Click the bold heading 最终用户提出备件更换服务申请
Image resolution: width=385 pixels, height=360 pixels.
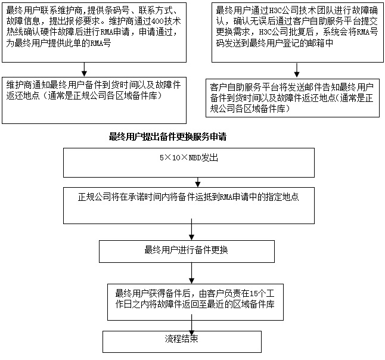[x=167, y=136]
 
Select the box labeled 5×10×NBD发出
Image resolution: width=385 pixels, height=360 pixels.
[x=189, y=163]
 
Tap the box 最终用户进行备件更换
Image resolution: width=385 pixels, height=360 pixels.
[x=187, y=252]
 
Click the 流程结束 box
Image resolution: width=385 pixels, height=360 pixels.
[x=182, y=342]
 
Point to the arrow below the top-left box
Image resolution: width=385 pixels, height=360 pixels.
[x=84, y=70]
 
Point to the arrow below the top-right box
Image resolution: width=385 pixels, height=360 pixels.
[x=297, y=70]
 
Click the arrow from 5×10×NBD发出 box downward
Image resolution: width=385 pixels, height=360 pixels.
[x=198, y=182]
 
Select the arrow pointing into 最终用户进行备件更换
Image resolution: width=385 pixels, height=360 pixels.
[x=191, y=229]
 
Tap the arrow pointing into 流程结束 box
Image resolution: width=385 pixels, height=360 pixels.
[x=191, y=325]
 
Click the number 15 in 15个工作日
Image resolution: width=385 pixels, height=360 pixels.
[x=254, y=293]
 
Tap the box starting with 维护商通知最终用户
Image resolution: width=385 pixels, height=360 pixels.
[x=94, y=101]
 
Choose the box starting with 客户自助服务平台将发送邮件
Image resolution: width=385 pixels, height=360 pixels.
[x=293, y=98]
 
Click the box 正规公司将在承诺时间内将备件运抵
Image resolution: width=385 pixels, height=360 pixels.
[x=189, y=206]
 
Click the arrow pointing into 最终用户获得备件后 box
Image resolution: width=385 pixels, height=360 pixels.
[x=191, y=274]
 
